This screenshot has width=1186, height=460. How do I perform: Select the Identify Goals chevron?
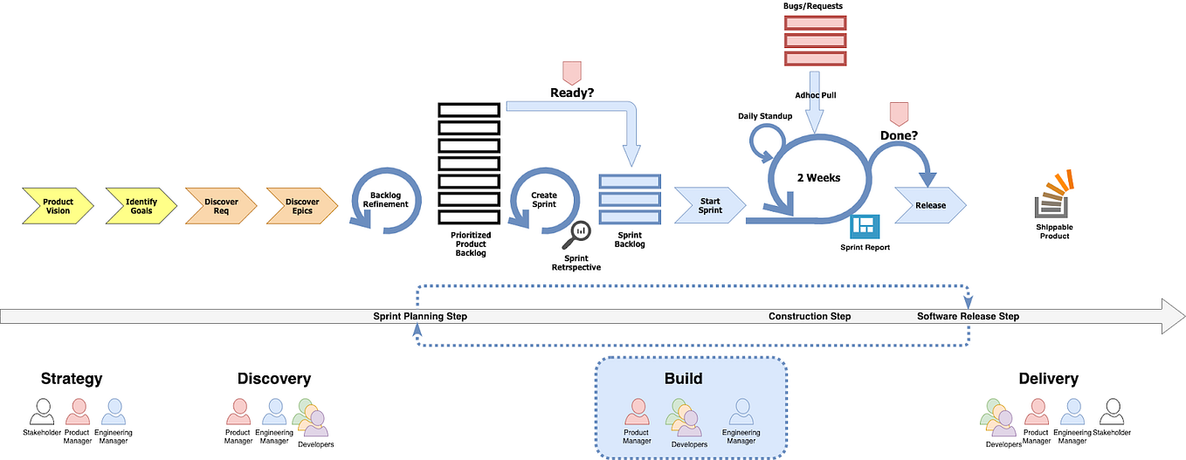click(x=141, y=206)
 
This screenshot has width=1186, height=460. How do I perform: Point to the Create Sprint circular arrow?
click(x=544, y=200)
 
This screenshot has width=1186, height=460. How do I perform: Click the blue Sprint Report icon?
click(x=865, y=227)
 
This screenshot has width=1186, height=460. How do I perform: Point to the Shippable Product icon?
click(x=1054, y=196)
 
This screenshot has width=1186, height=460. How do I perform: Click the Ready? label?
click(x=571, y=92)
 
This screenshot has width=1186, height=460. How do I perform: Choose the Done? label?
click(x=898, y=136)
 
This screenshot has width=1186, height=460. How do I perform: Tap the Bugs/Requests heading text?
click(x=812, y=7)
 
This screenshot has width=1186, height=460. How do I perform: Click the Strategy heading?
click(x=72, y=379)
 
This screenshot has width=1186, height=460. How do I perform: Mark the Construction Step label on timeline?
click(x=809, y=316)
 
